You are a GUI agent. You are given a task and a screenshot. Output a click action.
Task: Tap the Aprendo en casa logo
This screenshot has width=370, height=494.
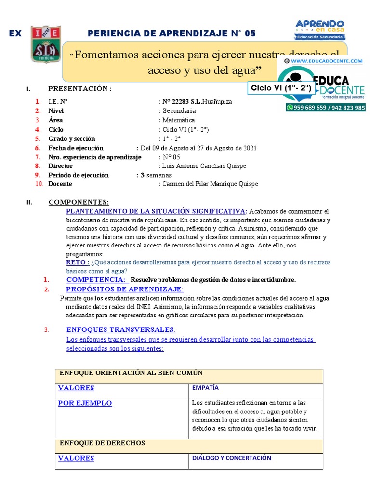(319, 29)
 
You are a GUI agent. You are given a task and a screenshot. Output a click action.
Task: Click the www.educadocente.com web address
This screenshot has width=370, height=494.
(326, 61)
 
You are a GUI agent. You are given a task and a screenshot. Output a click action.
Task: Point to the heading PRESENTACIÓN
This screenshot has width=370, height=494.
(80, 89)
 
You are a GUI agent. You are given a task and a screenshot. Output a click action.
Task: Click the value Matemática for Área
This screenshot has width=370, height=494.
(179, 120)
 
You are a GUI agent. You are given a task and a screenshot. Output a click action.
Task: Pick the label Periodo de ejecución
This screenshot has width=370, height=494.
(79, 175)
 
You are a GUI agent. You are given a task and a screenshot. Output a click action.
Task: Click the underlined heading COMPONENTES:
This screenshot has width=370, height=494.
(79, 202)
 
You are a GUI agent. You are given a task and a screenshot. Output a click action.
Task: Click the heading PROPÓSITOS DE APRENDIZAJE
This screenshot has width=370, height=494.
(125, 289)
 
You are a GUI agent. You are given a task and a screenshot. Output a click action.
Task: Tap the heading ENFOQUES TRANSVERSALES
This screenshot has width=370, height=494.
(120, 329)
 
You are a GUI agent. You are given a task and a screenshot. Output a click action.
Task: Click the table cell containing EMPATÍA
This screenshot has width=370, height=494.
(255, 387)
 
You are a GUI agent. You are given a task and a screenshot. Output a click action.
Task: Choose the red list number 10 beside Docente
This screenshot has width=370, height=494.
(39, 184)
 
